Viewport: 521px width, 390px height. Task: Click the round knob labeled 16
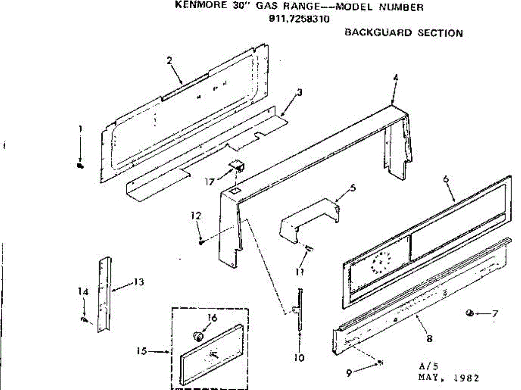tap(198, 336)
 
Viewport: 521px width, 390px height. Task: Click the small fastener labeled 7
tap(469, 313)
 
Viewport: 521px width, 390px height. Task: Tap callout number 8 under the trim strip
tap(429, 339)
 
